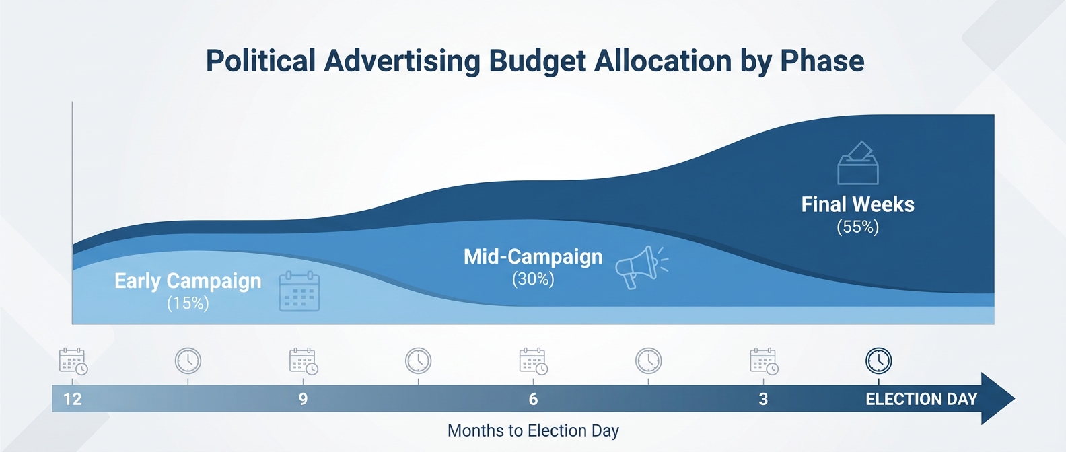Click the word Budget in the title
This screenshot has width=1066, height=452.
(x=537, y=61)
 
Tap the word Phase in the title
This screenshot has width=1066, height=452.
(x=822, y=61)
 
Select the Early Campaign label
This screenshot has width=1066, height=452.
(x=188, y=280)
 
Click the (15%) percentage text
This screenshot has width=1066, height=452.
(x=188, y=303)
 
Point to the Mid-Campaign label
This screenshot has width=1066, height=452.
(x=533, y=256)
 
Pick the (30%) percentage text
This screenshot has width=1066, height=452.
(x=533, y=279)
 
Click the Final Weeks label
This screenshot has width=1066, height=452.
(x=857, y=204)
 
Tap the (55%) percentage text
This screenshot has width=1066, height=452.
(x=857, y=227)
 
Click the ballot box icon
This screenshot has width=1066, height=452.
(x=858, y=163)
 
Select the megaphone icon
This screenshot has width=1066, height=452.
(x=639, y=266)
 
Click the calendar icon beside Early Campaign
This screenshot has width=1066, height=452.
(x=299, y=291)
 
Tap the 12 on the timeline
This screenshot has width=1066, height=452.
(x=72, y=399)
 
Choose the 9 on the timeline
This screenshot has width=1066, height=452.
(x=303, y=399)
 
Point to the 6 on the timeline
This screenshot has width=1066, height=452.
(x=533, y=399)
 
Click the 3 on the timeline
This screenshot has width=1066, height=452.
(x=763, y=399)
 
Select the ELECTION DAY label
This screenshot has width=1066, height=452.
(x=921, y=399)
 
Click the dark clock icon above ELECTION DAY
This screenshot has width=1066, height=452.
(x=878, y=361)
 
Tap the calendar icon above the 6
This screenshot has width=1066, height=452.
(x=533, y=361)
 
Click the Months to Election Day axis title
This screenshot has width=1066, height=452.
(x=533, y=430)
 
